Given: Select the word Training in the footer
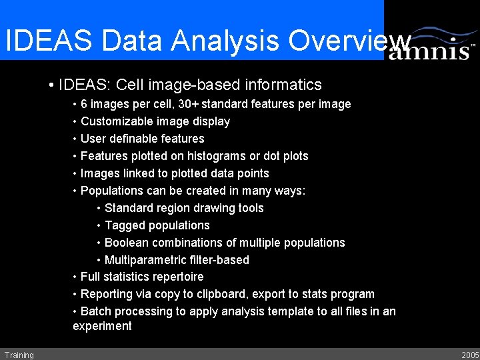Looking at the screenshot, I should coord(19,355).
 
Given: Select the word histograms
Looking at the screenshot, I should coord(215,156).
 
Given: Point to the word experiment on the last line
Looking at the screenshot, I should coord(102,326).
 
